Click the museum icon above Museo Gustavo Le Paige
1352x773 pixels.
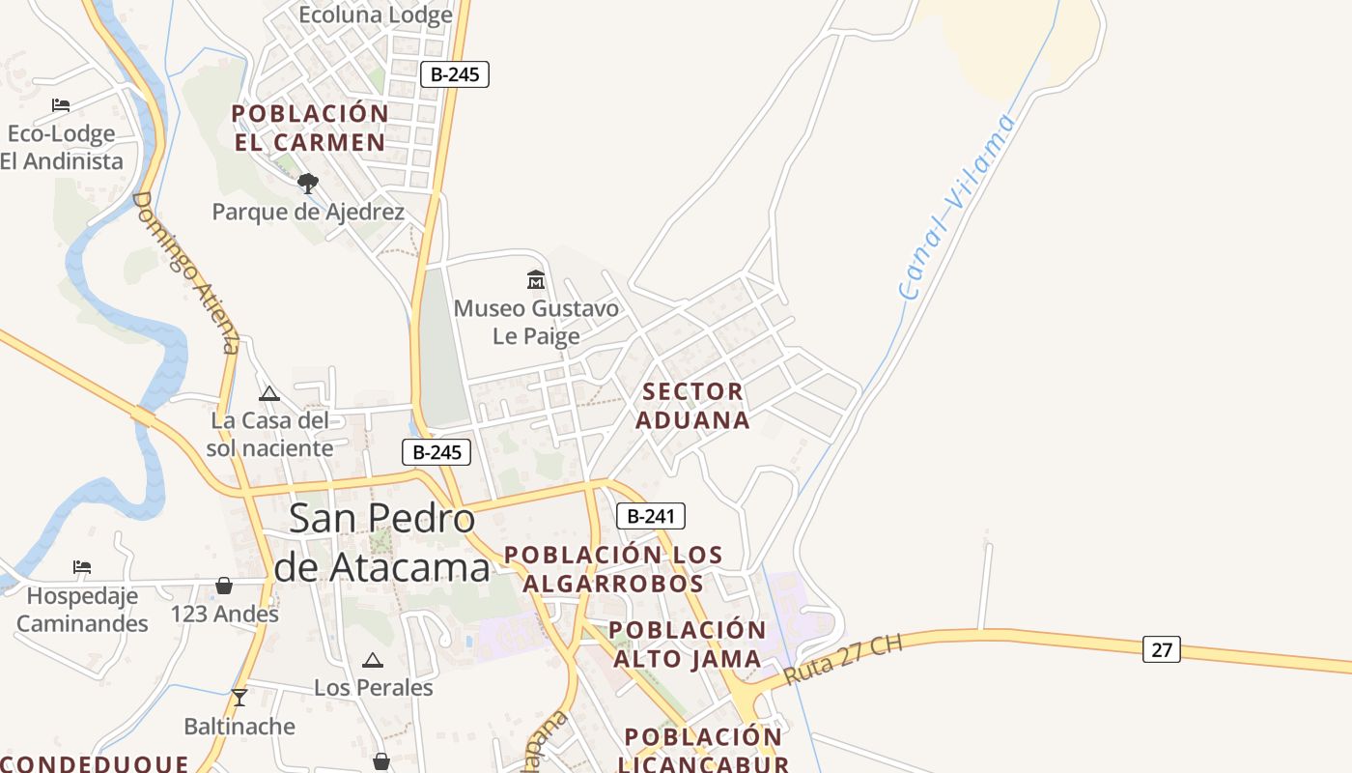click(536, 280)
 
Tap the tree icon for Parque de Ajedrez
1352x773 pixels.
click(308, 183)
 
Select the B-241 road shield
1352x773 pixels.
click(651, 516)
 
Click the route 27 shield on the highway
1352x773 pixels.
click(1161, 649)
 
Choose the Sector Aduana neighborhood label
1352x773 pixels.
click(692, 406)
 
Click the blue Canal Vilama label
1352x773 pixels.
click(957, 206)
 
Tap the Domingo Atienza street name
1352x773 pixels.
click(185, 272)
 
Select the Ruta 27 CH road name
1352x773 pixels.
click(842, 660)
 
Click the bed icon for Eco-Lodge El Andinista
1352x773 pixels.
click(61, 104)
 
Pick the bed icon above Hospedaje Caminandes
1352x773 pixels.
click(82, 566)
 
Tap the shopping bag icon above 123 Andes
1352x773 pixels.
click(224, 586)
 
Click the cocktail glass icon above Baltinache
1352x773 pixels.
click(239, 697)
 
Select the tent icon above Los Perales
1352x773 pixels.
click(373, 660)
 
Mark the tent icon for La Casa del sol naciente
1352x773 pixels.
click(269, 393)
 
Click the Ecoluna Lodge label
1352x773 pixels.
click(375, 14)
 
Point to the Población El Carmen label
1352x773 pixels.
click(310, 128)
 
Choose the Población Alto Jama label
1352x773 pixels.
click(688, 644)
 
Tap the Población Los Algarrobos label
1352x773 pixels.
click(613, 569)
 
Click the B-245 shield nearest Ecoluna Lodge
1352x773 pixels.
click(455, 74)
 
